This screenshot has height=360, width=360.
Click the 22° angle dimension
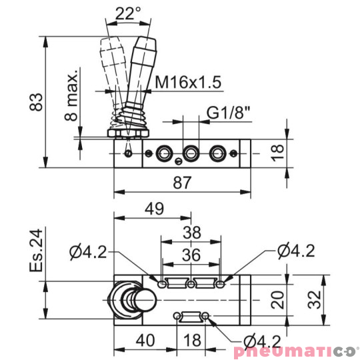click(x=128, y=13)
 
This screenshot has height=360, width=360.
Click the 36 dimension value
click(x=191, y=255)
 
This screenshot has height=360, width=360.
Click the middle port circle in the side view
click(x=191, y=153)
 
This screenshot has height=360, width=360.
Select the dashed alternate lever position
click(x=111, y=63)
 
